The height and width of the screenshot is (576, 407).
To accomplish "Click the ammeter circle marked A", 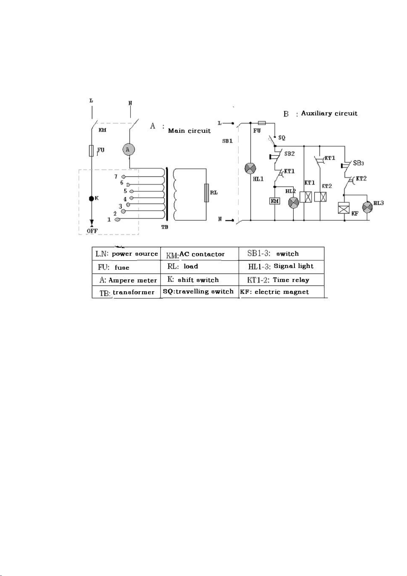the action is (x=128, y=149).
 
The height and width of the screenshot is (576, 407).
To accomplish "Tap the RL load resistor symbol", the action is (x=206, y=193).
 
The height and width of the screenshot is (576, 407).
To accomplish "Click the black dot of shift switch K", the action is (x=91, y=199).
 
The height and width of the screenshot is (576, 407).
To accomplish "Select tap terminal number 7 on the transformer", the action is (x=124, y=177).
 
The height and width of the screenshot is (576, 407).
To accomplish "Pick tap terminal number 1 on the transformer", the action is (x=117, y=219).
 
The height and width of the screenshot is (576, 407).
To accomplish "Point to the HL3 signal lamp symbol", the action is (x=367, y=207).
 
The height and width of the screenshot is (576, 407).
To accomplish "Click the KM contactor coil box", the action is (x=275, y=201).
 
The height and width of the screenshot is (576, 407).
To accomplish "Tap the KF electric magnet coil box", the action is (x=344, y=208).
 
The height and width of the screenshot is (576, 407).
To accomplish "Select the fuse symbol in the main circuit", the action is (x=91, y=151).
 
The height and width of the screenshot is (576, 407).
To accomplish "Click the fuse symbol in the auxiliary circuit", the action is (x=262, y=123).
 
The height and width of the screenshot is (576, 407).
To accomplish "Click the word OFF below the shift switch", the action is (x=92, y=231).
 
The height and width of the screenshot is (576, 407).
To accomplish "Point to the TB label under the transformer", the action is (x=165, y=227).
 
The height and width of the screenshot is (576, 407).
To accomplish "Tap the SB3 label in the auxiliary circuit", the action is (x=358, y=163).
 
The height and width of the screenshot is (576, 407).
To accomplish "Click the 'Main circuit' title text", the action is (x=189, y=131).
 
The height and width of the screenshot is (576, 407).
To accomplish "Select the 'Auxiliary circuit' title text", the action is (x=329, y=113).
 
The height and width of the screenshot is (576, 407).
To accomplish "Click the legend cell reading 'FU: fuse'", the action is (x=126, y=267).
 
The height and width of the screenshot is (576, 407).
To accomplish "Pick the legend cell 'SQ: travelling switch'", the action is (x=200, y=292).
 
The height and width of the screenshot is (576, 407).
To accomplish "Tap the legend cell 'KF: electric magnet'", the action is (x=282, y=292).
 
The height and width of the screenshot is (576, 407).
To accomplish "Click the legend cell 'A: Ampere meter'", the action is (x=126, y=280).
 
